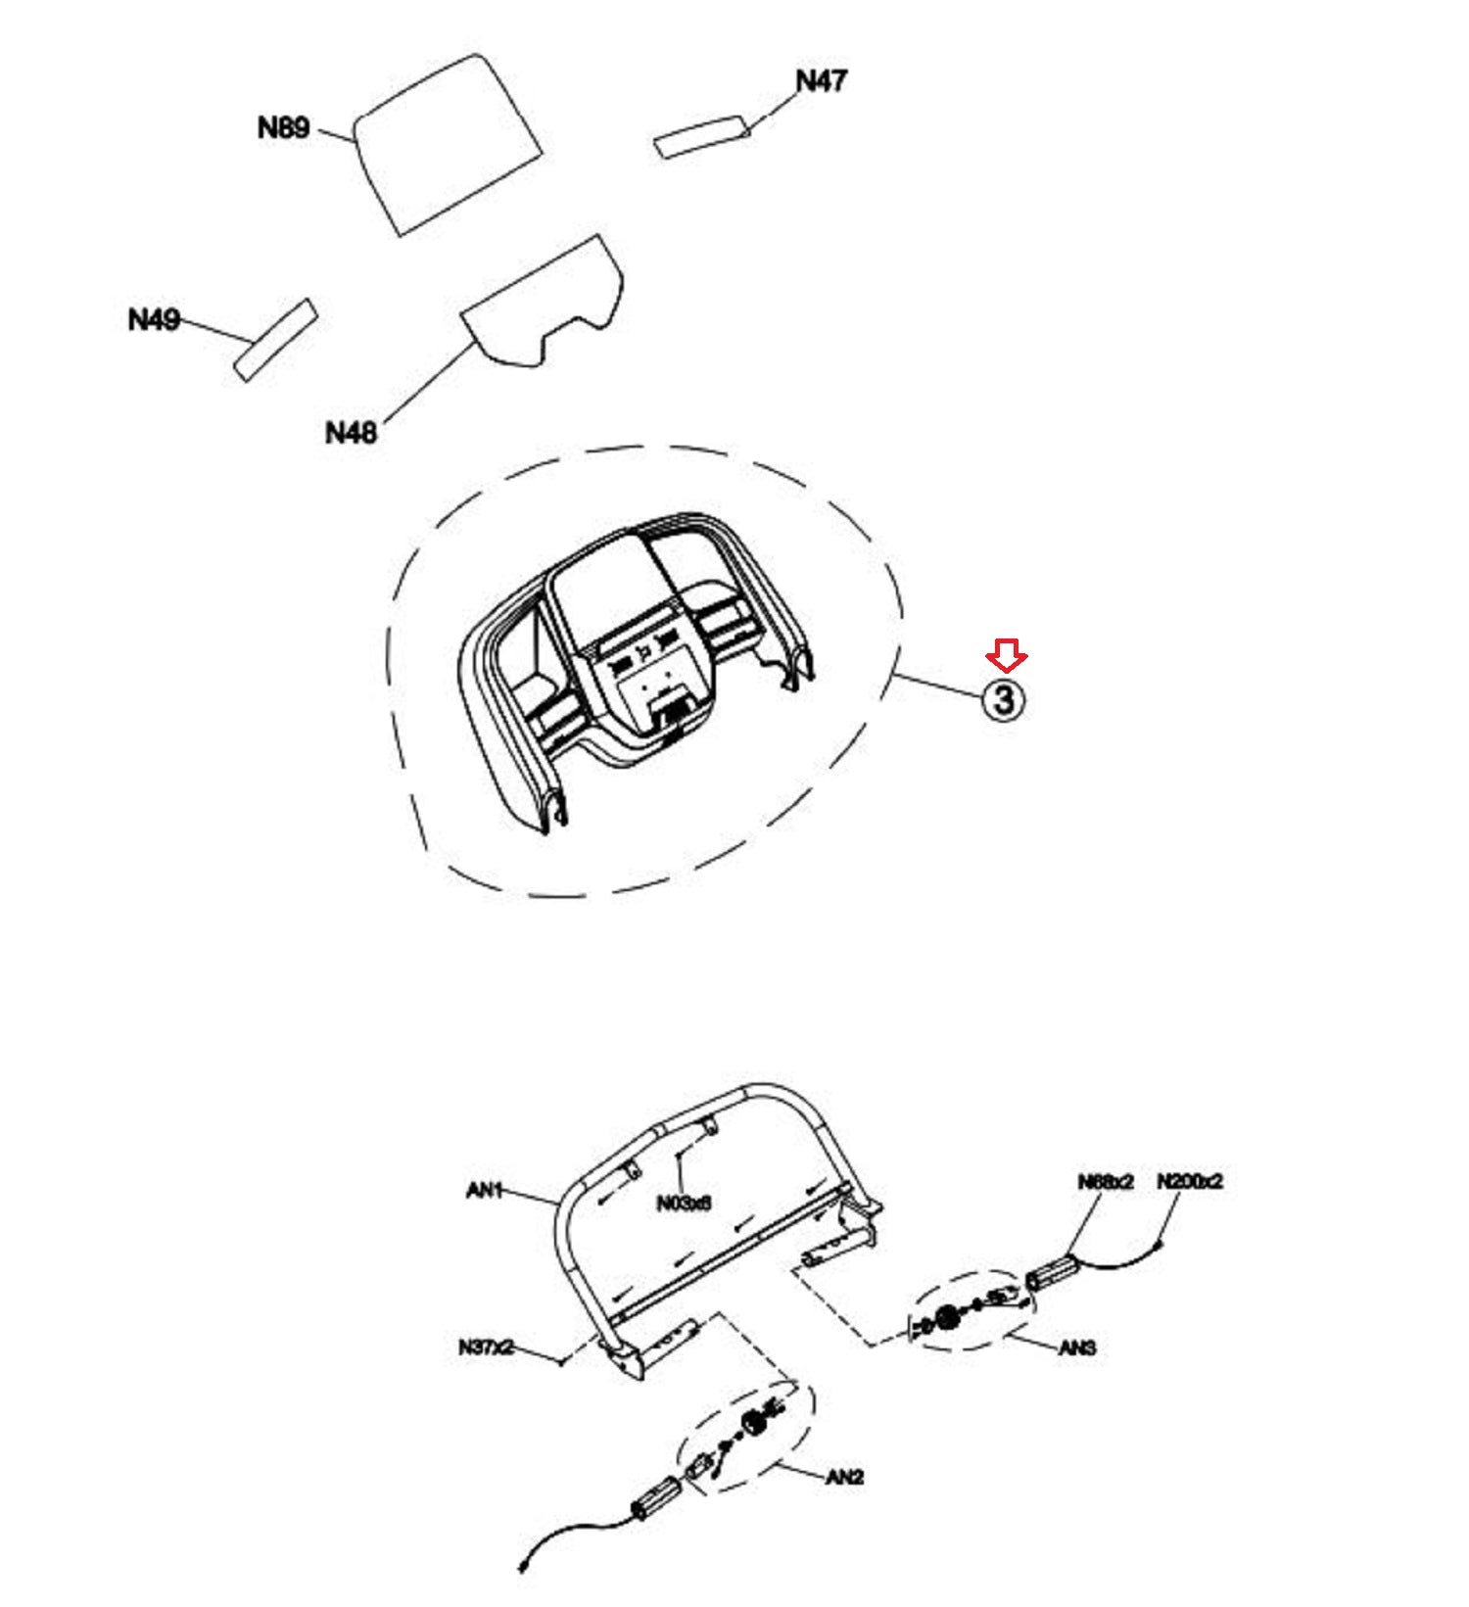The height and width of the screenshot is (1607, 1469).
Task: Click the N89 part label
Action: point(283,128)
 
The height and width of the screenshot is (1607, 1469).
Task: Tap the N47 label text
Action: point(821,81)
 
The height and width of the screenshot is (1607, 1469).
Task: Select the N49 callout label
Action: point(154,319)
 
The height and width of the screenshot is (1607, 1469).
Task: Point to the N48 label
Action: point(351,432)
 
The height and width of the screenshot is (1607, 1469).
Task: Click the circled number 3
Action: point(1004,700)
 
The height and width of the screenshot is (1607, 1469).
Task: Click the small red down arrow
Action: point(1006,655)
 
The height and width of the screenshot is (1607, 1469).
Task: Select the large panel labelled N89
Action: point(447,145)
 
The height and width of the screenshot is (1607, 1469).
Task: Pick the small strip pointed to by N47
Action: point(701,136)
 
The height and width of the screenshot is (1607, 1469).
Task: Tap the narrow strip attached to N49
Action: point(275,339)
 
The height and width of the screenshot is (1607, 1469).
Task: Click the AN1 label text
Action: point(485,1190)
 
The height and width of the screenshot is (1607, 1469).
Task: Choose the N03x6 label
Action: point(684,1203)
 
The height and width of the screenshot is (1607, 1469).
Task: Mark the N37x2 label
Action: point(486,1347)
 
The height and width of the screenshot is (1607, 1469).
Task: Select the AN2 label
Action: point(844,1477)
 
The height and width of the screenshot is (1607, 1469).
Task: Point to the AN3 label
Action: point(1077,1348)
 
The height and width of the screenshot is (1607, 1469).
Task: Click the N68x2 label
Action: point(1105,1182)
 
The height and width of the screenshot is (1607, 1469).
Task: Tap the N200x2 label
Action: point(1190,1181)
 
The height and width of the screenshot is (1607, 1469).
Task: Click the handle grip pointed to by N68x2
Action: point(1051,1276)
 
